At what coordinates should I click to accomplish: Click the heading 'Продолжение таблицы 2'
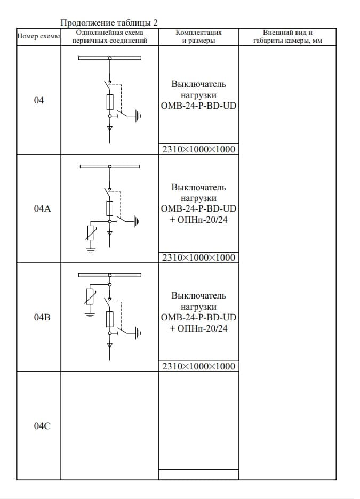click(x=109, y=22)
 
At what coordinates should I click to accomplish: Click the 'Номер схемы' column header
click(x=38, y=36)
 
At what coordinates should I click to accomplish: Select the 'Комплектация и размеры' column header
click(x=198, y=36)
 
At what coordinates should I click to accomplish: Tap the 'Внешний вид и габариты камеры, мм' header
click(x=287, y=36)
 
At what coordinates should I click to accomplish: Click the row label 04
click(x=38, y=100)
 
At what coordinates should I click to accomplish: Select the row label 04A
click(x=42, y=209)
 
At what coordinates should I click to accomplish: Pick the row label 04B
click(x=42, y=317)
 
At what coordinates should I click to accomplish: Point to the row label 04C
click(x=42, y=426)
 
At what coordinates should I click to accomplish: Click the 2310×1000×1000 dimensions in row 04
click(x=198, y=149)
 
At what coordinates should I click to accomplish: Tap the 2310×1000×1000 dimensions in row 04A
click(x=198, y=257)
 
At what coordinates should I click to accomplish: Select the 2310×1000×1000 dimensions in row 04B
click(x=198, y=366)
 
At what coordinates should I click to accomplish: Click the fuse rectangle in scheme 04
click(x=110, y=102)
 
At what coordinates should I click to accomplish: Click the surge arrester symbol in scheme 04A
click(x=91, y=233)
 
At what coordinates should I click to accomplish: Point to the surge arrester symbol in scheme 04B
click(x=90, y=297)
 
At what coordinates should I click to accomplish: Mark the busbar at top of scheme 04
click(x=110, y=58)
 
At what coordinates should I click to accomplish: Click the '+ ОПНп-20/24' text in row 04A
click(x=198, y=220)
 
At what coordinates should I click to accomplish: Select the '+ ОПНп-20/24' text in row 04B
click(x=198, y=328)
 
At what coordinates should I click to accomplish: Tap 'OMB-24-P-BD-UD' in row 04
click(x=198, y=106)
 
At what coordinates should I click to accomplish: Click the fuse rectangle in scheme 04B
click(x=110, y=319)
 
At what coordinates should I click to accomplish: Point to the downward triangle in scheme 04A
click(x=110, y=234)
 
